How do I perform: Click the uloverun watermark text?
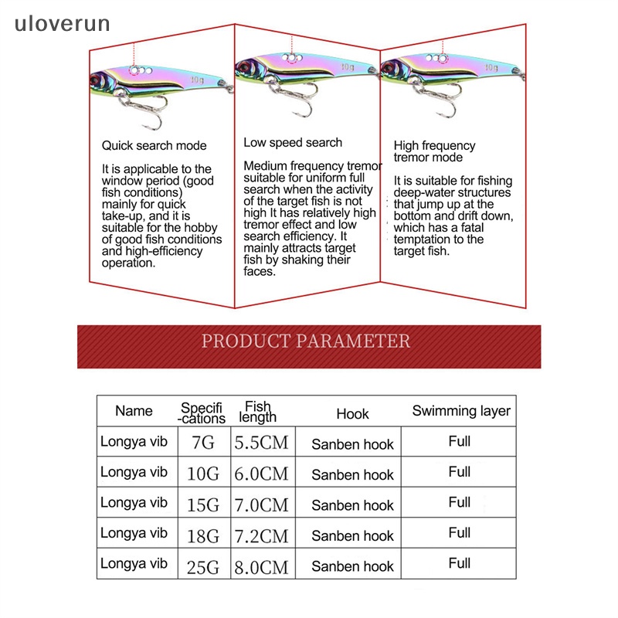(x=62, y=24)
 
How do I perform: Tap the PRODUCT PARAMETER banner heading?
(x=306, y=341)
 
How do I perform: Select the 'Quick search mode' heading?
(x=154, y=145)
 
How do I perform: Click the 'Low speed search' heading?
(x=293, y=142)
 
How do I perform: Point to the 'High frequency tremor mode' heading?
(x=435, y=151)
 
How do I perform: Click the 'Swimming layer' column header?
(x=461, y=411)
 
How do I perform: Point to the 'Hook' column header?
(x=352, y=414)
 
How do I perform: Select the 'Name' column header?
(x=134, y=411)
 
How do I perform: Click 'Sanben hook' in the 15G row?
(x=352, y=505)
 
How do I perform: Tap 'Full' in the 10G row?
(x=460, y=472)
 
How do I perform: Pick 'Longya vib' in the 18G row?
(x=134, y=532)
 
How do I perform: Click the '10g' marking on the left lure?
(x=197, y=79)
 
